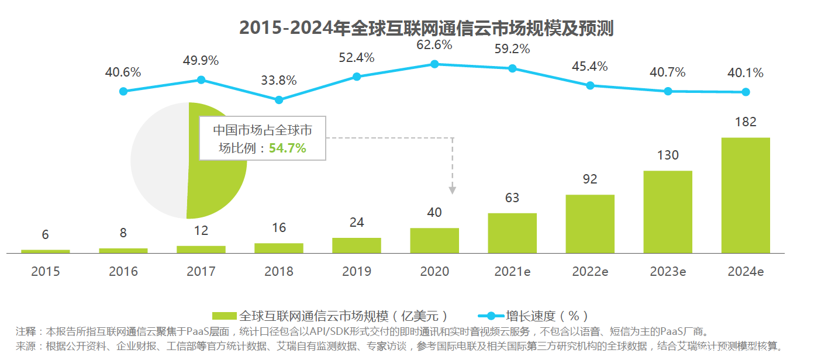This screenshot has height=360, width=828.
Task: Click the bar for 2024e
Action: click(x=746, y=195)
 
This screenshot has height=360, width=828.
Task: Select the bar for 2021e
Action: click(x=512, y=233)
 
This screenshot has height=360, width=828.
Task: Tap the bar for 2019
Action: click(x=357, y=245)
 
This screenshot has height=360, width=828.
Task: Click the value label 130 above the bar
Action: click(x=668, y=155)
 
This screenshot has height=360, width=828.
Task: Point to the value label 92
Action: click(x=590, y=179)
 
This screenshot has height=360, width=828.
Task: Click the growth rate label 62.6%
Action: click(x=434, y=44)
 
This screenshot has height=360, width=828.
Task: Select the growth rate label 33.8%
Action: click(x=279, y=80)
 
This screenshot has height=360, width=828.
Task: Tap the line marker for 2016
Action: click(x=123, y=91)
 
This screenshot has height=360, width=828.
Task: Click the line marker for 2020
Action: click(x=434, y=64)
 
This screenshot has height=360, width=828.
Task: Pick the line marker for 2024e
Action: click(x=746, y=92)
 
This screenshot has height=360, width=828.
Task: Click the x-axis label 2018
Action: click(x=279, y=272)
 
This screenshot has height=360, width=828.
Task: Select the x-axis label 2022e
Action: click(x=590, y=272)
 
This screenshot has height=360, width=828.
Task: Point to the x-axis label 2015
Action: click(x=46, y=272)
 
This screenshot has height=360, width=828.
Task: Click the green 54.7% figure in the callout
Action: click(x=287, y=148)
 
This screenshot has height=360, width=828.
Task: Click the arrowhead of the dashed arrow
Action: click(x=452, y=189)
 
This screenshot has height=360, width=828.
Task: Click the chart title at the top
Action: click(x=426, y=27)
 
